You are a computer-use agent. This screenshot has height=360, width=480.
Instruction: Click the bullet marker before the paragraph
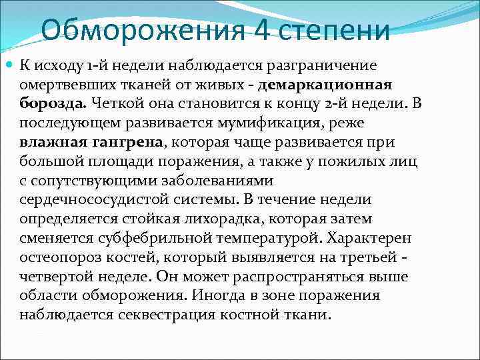point(9,66)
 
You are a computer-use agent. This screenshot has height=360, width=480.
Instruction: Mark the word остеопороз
point(54,257)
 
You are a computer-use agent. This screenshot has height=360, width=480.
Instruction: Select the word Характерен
point(375,238)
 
